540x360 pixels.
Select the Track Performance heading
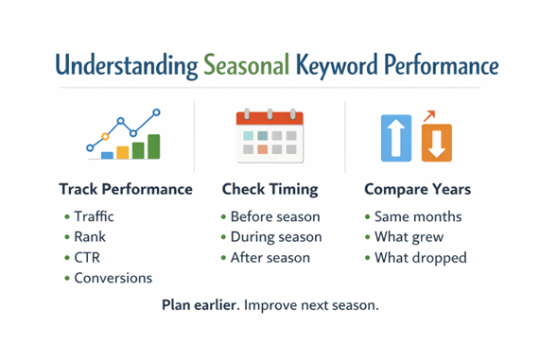point(125,189)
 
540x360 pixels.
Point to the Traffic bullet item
point(95,216)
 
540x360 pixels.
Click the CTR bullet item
point(88,257)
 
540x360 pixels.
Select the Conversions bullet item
point(112,278)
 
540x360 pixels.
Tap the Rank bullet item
point(90,237)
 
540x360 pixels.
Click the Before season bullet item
point(274,216)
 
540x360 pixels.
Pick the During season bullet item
point(275,237)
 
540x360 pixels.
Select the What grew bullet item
point(409,237)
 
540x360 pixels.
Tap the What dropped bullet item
point(420,257)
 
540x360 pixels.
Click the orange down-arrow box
point(436,143)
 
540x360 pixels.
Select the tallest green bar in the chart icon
point(153,146)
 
